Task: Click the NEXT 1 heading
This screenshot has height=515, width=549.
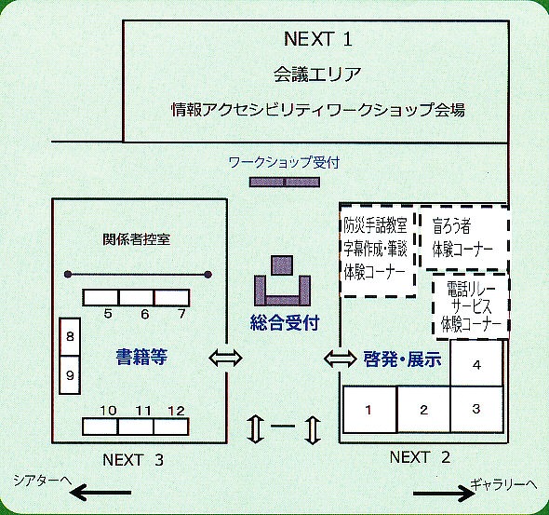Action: pos(318,38)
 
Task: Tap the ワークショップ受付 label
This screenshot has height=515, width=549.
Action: pos(284,162)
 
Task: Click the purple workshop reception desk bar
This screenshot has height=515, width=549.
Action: pos(285,183)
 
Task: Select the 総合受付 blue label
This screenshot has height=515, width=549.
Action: pos(285,322)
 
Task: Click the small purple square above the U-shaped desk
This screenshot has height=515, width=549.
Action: pos(282,265)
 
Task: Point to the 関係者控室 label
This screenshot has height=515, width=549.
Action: pos(137,239)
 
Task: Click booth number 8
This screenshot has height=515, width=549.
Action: pos(70,337)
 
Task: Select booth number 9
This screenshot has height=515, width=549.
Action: pos(70,375)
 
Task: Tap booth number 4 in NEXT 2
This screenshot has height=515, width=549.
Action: pos(476,363)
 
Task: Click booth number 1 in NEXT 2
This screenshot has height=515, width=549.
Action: pos(369,410)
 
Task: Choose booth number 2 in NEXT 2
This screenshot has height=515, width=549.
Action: pos(423,410)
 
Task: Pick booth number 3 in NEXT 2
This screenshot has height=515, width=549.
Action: pos(476,409)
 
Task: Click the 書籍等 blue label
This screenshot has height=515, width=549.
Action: pos(141,357)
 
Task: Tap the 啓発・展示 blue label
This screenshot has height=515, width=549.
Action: pos(402,359)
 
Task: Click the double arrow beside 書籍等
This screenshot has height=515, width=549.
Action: pos(225,358)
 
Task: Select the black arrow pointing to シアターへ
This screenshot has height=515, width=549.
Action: pos(100,493)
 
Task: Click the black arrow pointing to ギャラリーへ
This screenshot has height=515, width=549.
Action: pos(445,494)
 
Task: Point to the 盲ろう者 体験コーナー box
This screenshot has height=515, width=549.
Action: pos(464,238)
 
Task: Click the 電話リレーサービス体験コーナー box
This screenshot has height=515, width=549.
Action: pos(471,306)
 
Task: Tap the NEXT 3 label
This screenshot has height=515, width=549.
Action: pos(133,460)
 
